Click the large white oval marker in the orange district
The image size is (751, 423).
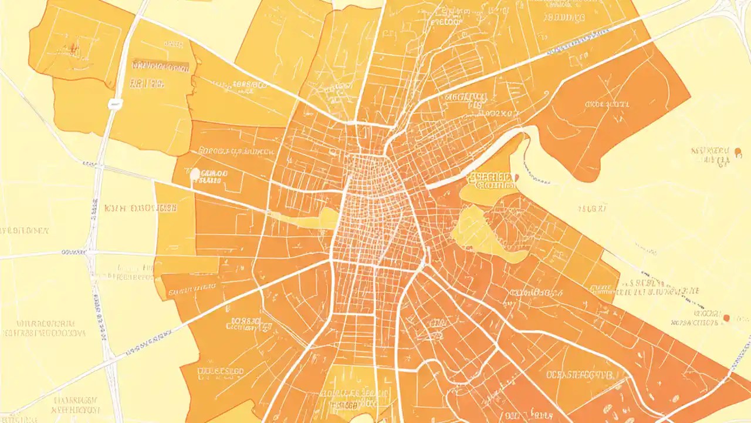tap(195, 174)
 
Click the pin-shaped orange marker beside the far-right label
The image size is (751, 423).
tap(738, 153)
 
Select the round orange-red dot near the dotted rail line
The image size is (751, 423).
tap(727, 318)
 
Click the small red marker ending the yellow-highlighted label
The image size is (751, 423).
tap(516, 177)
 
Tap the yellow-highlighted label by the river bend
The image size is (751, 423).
tap(492, 180)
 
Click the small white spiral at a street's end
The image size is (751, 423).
tap(546, 94)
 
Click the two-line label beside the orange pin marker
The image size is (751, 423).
tap(711, 154)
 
